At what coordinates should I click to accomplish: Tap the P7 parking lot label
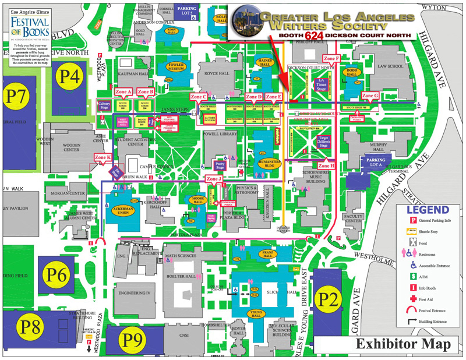(16, 95)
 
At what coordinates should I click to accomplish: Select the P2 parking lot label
(327, 299)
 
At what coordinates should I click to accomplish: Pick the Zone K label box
(103, 158)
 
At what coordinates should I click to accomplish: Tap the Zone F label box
(331, 58)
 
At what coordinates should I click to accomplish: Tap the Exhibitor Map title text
(403, 344)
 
